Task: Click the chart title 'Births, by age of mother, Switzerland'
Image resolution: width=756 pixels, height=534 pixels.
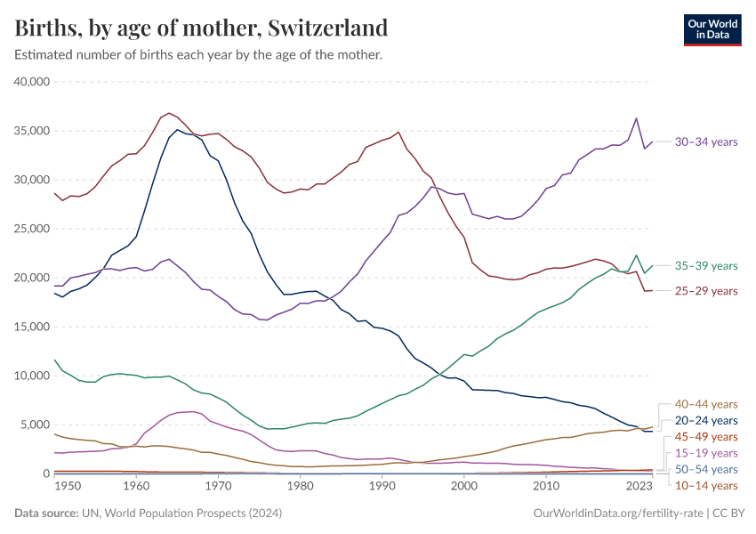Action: click(201, 28)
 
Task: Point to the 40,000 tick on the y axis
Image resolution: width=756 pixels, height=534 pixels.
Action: click(33, 82)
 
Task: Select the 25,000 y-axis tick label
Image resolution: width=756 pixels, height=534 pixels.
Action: click(33, 229)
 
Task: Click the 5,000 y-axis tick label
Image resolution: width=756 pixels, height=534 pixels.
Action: click(36, 425)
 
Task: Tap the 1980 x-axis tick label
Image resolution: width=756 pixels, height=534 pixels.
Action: click(300, 487)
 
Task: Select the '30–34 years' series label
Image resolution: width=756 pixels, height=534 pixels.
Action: click(705, 142)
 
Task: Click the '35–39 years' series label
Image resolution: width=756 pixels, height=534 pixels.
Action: click(705, 265)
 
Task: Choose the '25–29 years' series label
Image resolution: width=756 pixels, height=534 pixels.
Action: click(705, 291)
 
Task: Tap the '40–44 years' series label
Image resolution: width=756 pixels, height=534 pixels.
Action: click(705, 404)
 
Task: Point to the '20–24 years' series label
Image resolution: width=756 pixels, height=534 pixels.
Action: click(705, 420)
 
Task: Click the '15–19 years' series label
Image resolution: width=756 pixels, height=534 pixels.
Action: click(705, 453)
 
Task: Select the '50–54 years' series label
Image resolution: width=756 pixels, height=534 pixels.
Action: click(705, 469)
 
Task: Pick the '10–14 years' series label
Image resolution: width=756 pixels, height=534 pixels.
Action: click(705, 485)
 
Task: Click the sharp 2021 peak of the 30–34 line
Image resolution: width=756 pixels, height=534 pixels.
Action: click(636, 118)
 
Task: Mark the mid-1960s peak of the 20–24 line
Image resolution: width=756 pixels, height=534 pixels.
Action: click(177, 130)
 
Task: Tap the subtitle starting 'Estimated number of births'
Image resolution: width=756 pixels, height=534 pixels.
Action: click(198, 55)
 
